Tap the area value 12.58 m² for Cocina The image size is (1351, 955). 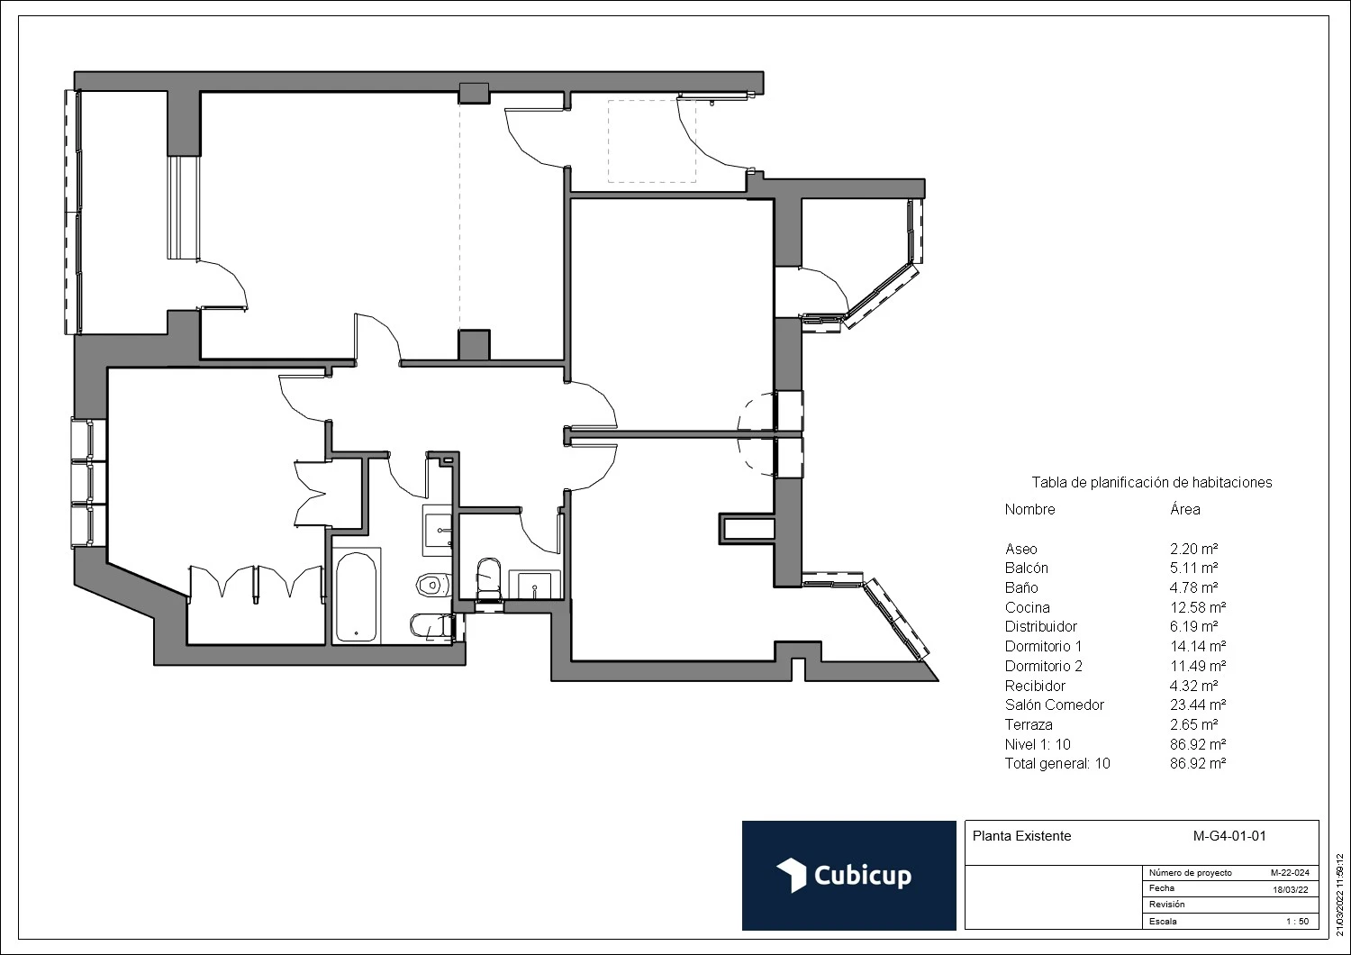(x=1198, y=607)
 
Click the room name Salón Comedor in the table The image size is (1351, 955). (x=1054, y=705)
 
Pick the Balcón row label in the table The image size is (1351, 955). (x=1026, y=568)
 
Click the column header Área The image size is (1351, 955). (x=1184, y=509)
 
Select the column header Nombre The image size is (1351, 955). (x=1029, y=509)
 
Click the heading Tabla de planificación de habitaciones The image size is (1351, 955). (x=1151, y=482)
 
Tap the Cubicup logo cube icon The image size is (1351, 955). (x=791, y=875)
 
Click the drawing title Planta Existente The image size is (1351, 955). (x=1021, y=835)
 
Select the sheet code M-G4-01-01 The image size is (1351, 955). (x=1229, y=835)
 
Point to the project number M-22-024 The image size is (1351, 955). (x=1289, y=873)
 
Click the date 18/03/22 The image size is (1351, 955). (x=1289, y=889)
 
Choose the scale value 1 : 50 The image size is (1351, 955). (x=1296, y=922)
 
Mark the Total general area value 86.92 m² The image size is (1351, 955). (x=1198, y=763)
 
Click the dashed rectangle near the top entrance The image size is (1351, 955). (x=651, y=141)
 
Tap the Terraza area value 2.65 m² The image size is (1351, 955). (x=1193, y=724)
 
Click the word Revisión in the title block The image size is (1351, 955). (x=1166, y=905)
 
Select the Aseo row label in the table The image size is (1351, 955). (x=1020, y=549)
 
